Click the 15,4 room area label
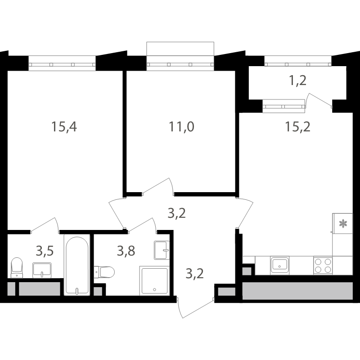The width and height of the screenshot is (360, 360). tap(64, 127)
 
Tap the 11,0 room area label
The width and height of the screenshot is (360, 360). tap(181, 127)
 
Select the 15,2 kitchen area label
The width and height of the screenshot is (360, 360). tap(297, 127)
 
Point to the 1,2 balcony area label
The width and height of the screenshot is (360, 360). tap(298, 81)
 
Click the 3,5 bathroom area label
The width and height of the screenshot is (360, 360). tap(45, 251)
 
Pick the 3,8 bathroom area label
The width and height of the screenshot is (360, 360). tap(126, 251)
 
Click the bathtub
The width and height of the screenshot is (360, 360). tap(77, 265)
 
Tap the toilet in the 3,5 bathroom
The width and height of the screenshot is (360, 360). tap(17, 268)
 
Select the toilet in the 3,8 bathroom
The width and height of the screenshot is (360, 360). tap(104, 272)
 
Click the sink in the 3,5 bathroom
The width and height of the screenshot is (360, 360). tap(42, 270)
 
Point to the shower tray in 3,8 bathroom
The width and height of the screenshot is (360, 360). tap(154, 281)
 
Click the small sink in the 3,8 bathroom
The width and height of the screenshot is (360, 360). tap(162, 250)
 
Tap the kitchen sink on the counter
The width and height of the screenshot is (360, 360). tap(279, 265)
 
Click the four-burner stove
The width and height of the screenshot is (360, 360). tap(323, 265)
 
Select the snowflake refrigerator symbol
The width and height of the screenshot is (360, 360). tap(343, 223)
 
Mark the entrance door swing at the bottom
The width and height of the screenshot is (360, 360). tap(195, 308)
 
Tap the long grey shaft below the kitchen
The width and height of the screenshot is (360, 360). tap(297, 291)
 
